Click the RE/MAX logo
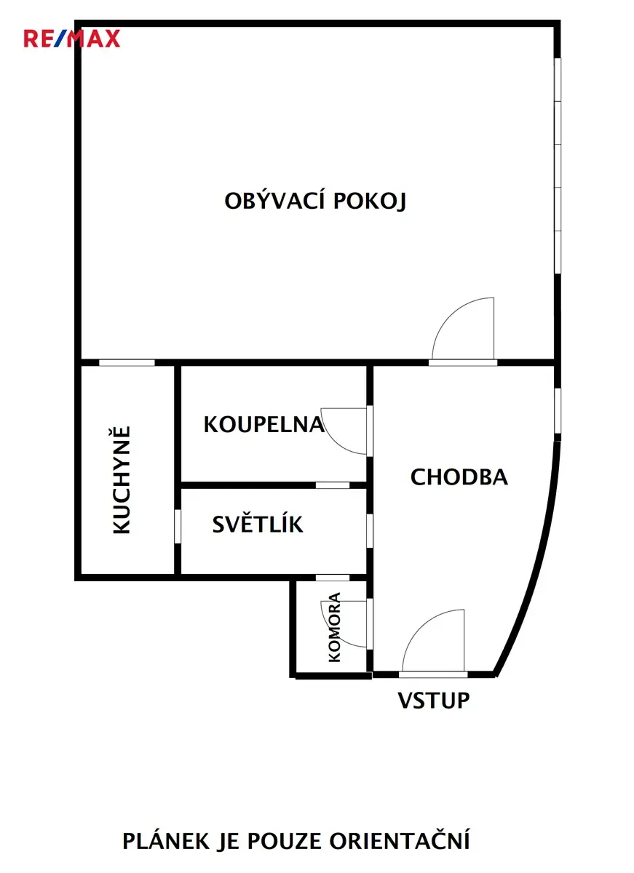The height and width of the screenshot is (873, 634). coord(72,39)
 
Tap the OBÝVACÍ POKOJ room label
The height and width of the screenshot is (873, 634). coord(315,200)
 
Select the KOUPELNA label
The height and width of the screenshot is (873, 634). coord(264,424)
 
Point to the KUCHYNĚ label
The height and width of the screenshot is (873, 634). coord(122,480)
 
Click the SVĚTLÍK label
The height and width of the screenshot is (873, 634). coord(258,524)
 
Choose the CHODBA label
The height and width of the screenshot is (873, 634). coord(459,477)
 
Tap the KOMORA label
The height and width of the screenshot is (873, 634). coord(335,627)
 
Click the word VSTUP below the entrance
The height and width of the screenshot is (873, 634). coord(434,701)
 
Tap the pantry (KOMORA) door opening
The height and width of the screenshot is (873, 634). coord(370,623)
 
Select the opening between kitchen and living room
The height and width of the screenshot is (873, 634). coord(127,363)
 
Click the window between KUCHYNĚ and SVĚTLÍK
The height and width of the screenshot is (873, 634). coord(178,526)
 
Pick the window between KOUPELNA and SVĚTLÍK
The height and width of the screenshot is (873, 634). coord(333,485)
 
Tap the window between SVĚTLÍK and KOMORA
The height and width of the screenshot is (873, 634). coord(333,578)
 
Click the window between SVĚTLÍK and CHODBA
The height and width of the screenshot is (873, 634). coord(370,530)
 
